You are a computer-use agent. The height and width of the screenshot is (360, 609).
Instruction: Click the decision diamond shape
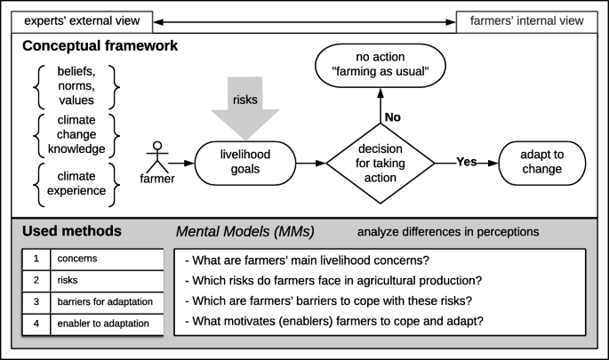tap(381, 164)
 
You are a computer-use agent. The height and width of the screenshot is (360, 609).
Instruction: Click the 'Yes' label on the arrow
tap(468, 163)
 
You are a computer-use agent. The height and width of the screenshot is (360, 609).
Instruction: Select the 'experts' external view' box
tap(77, 20)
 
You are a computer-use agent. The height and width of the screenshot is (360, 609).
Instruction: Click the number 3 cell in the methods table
tap(36, 302)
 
